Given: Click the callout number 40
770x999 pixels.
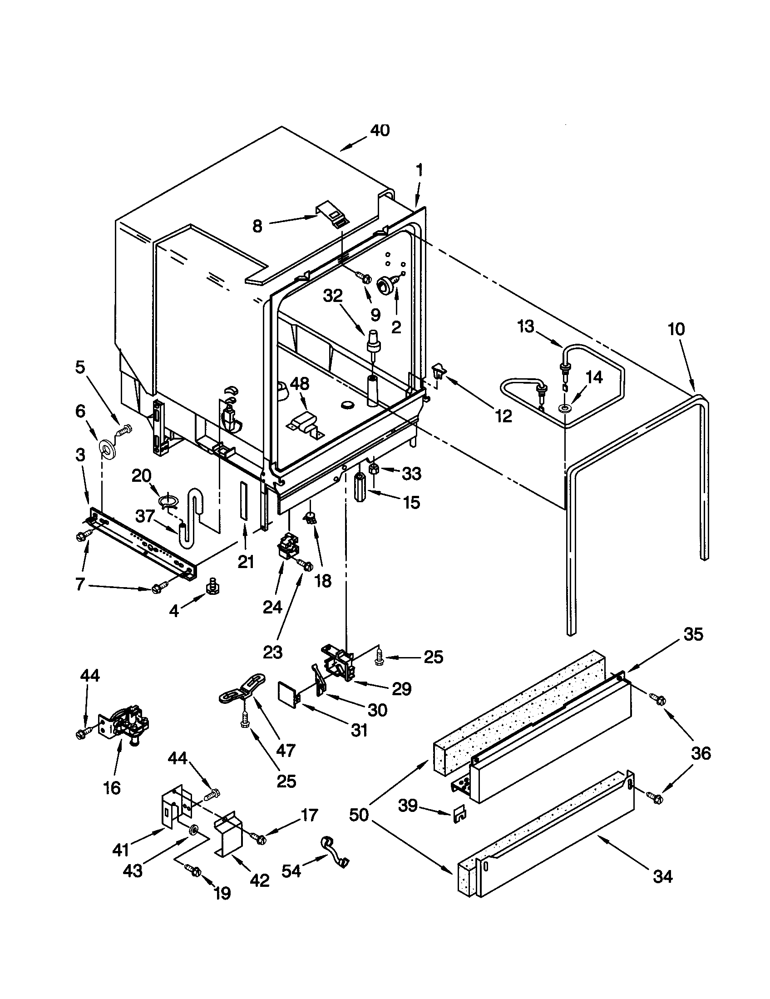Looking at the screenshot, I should tap(380, 130).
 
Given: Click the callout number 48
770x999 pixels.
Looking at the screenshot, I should tap(300, 384).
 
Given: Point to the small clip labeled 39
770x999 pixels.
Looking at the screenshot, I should tap(459, 814).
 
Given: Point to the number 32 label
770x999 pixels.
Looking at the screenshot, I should tap(332, 296).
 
